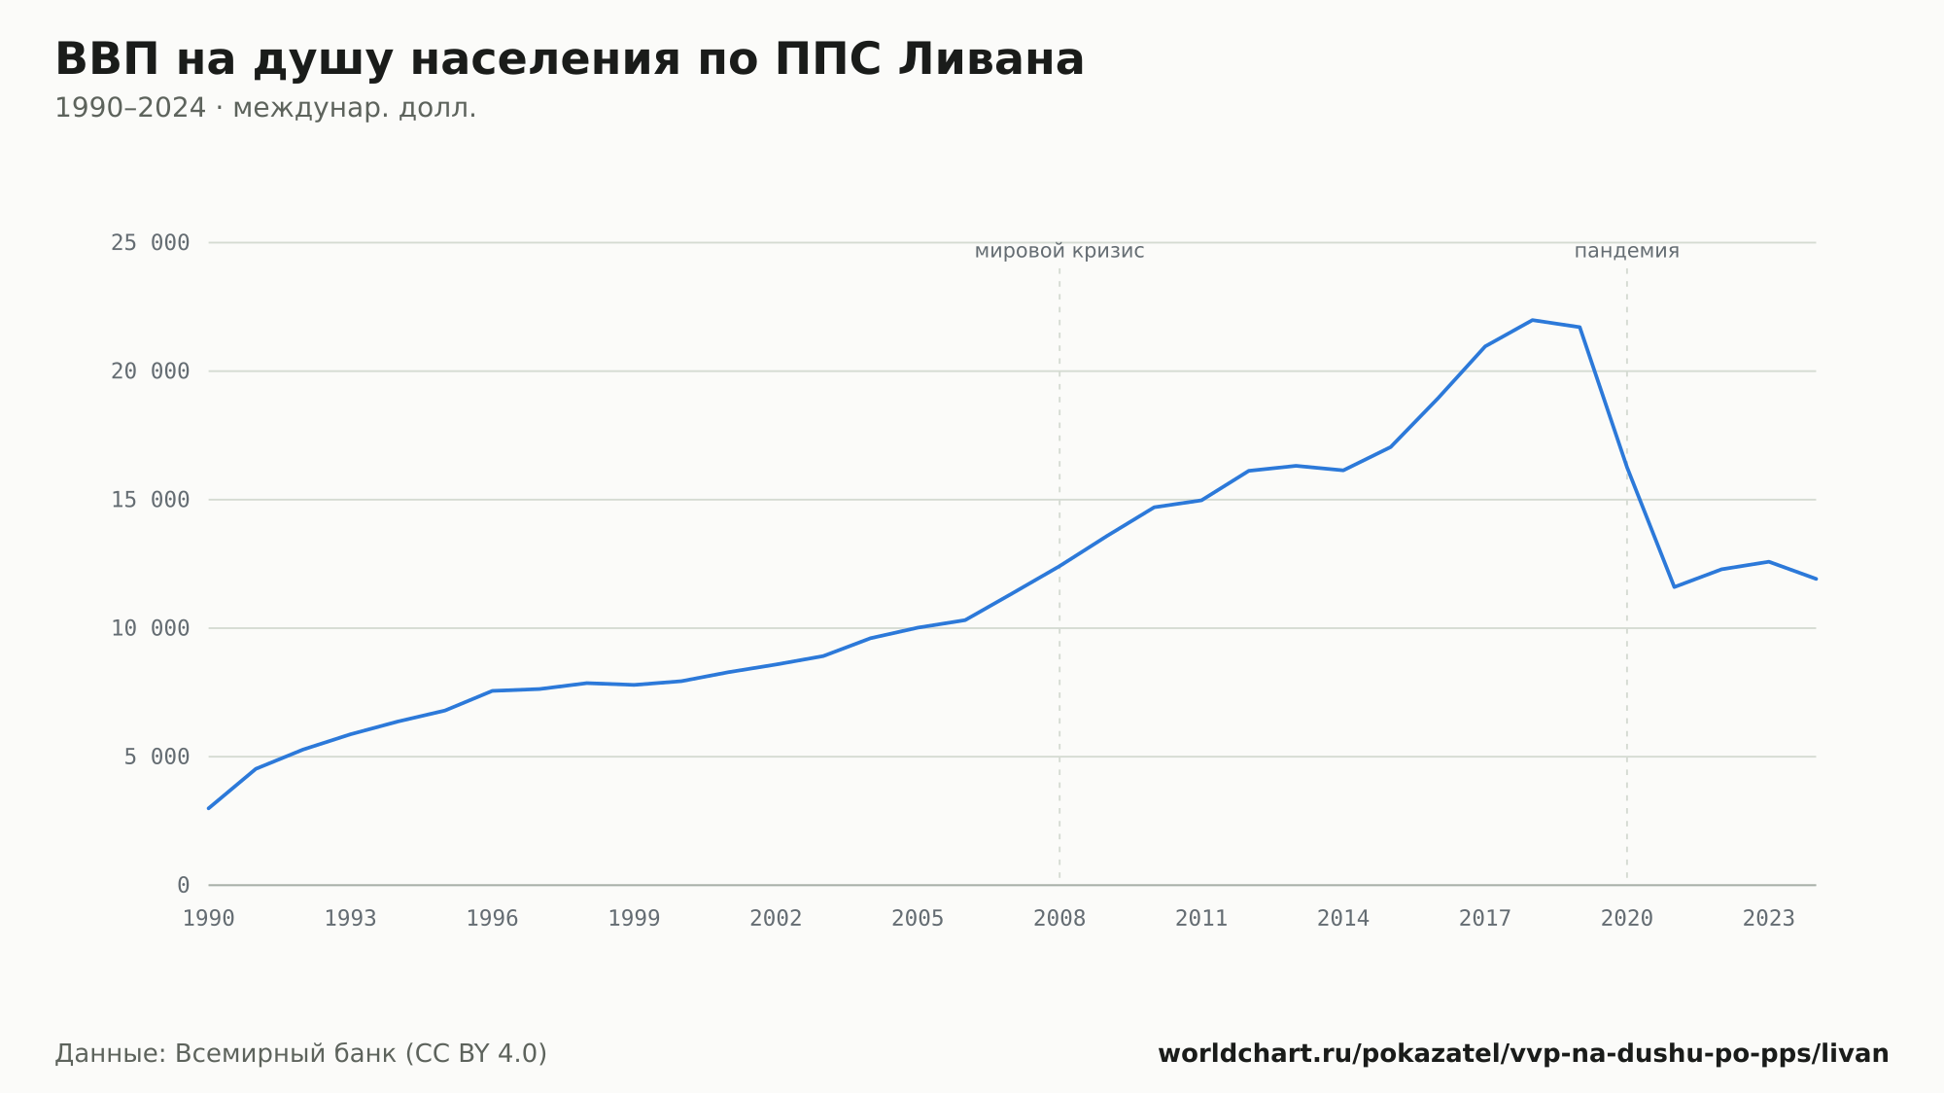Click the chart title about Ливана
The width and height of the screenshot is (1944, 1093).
pos(570,60)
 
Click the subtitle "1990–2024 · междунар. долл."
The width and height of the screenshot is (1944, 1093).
pos(265,108)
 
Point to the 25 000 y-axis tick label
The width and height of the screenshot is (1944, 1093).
pos(150,243)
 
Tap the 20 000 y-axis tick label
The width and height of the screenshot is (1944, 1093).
pos(150,371)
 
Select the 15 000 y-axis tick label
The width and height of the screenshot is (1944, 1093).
pos(150,500)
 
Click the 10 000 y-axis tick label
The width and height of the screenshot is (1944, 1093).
pos(150,628)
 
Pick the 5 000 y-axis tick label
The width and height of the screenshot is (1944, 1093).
pos(156,757)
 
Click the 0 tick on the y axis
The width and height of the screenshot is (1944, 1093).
pos(183,885)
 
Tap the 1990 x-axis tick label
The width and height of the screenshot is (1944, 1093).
pos(209,919)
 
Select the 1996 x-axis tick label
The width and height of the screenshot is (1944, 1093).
pos(493,919)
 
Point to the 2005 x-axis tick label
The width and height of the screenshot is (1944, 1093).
pos(918,919)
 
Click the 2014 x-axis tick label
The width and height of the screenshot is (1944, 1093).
pos(1343,919)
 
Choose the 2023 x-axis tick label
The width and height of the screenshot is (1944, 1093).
pos(1769,919)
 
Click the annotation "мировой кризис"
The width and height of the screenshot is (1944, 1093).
pos(1059,251)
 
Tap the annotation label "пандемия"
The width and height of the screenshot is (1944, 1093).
pos(1627,251)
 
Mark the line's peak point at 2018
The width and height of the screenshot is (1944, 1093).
pos(1532,320)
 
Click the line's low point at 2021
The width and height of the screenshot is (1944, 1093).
pos(1674,586)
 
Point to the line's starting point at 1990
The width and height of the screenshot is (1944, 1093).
pos(209,808)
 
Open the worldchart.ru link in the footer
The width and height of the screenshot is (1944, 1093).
pos(1523,1054)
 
